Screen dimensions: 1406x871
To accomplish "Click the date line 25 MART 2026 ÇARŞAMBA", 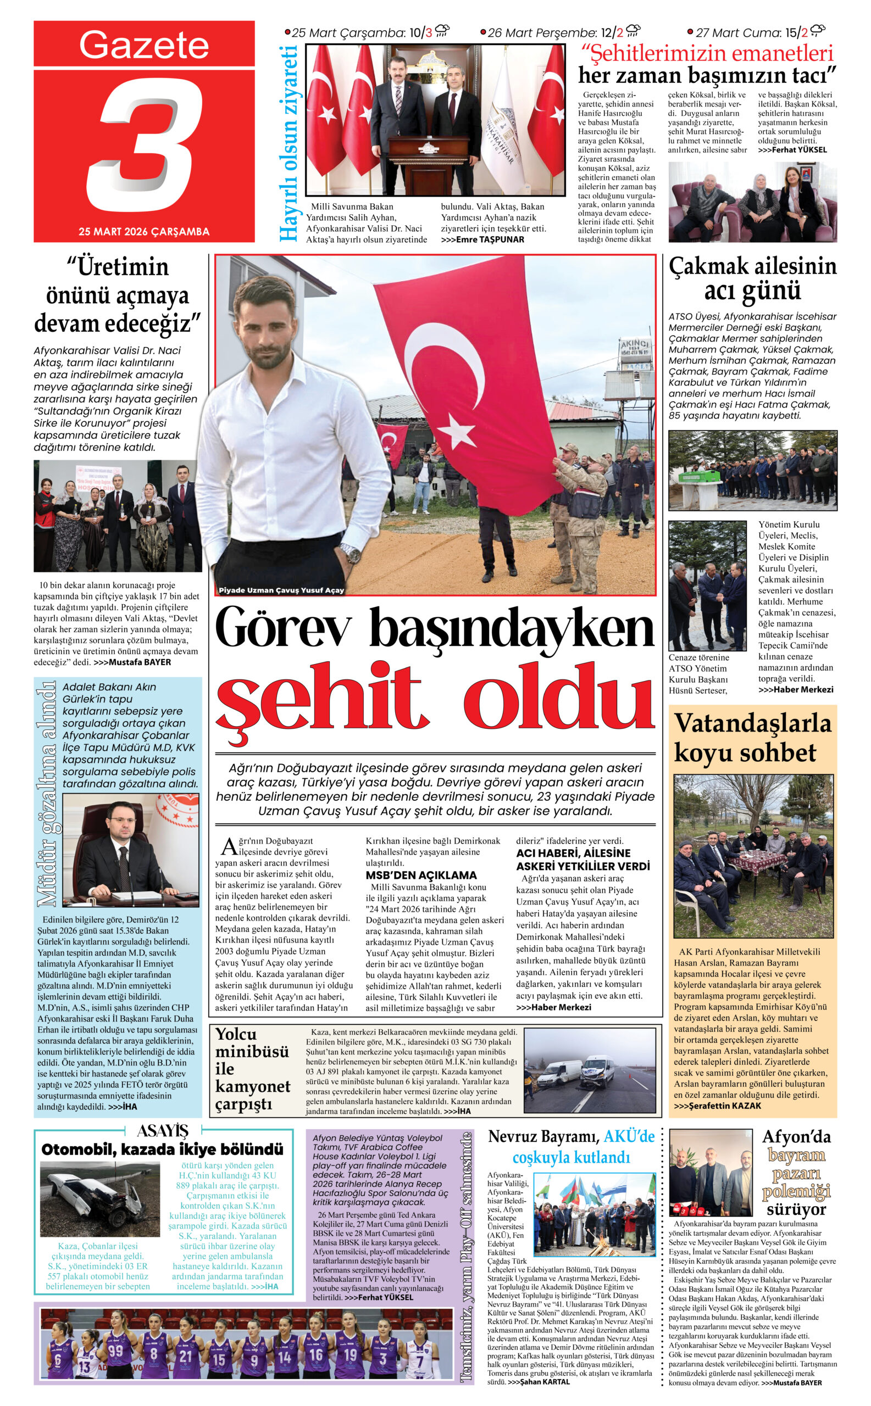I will click(144, 231).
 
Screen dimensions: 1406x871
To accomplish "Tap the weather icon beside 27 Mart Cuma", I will click(818, 31).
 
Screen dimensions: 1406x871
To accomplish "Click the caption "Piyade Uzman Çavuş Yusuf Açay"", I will click(281, 590).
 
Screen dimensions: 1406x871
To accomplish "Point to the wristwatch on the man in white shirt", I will click(350, 554).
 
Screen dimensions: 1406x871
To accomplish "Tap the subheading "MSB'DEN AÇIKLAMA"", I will click(421, 874).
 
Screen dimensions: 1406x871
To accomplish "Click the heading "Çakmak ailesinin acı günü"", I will click(752, 278).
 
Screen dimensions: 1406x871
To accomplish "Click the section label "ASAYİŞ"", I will click(163, 1131).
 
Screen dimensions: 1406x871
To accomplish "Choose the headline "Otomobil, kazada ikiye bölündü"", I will click(163, 1150).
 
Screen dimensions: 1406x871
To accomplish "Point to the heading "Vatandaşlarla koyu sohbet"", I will click(752, 738).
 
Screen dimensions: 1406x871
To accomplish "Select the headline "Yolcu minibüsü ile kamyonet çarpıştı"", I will click(252, 1070).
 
